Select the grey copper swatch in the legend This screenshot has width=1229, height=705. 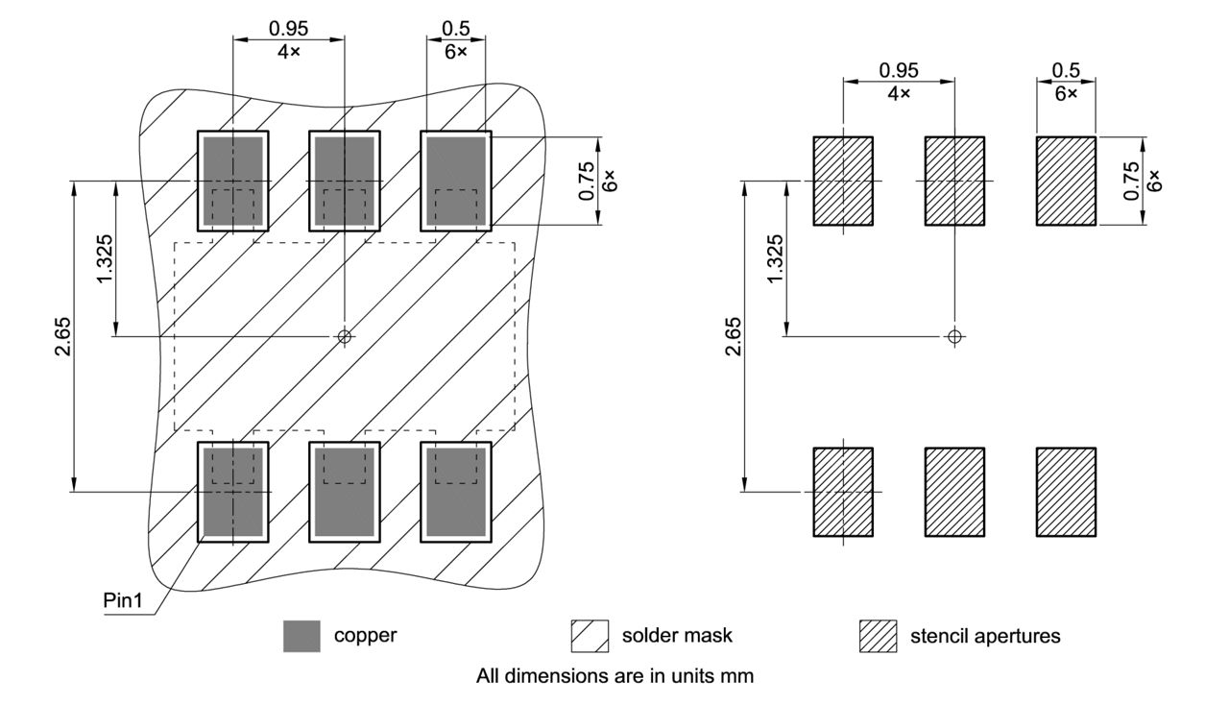301,636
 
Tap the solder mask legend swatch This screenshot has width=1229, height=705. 590,636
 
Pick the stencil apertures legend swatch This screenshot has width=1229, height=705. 878,636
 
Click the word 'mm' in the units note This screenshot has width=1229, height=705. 739,675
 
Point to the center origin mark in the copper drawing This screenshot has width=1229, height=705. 345,336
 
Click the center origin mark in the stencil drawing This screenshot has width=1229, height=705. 953,336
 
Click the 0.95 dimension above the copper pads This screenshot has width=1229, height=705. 288,29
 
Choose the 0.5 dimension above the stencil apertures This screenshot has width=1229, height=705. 1066,70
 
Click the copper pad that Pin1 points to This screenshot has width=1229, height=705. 232,492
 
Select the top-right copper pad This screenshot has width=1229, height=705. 456,181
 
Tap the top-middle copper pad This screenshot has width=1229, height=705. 344,181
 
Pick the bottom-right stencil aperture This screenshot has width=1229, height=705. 1066,492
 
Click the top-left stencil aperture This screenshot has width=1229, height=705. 843,181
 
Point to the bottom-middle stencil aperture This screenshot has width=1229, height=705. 954,492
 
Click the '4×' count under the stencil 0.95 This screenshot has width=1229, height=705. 899,92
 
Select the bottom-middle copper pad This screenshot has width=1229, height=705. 344,492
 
